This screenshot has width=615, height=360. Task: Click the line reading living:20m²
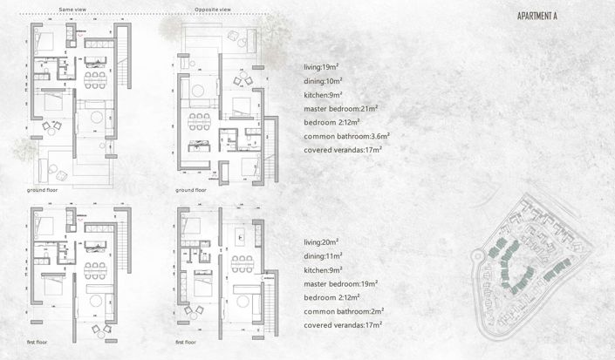coord(323,241)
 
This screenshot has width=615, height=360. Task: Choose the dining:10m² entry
coord(324,81)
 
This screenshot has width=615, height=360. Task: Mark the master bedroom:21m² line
coord(340,109)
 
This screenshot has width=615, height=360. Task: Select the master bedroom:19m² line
coord(340,283)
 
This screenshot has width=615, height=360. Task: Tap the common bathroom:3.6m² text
coord(346,136)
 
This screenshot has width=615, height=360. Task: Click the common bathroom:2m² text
coord(344,311)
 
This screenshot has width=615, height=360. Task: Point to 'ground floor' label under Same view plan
coord(44,188)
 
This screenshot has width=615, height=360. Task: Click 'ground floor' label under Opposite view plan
coord(191,189)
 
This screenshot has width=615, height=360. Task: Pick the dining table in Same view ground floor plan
coord(93,76)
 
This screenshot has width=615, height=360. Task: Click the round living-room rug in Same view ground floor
coord(95,117)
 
